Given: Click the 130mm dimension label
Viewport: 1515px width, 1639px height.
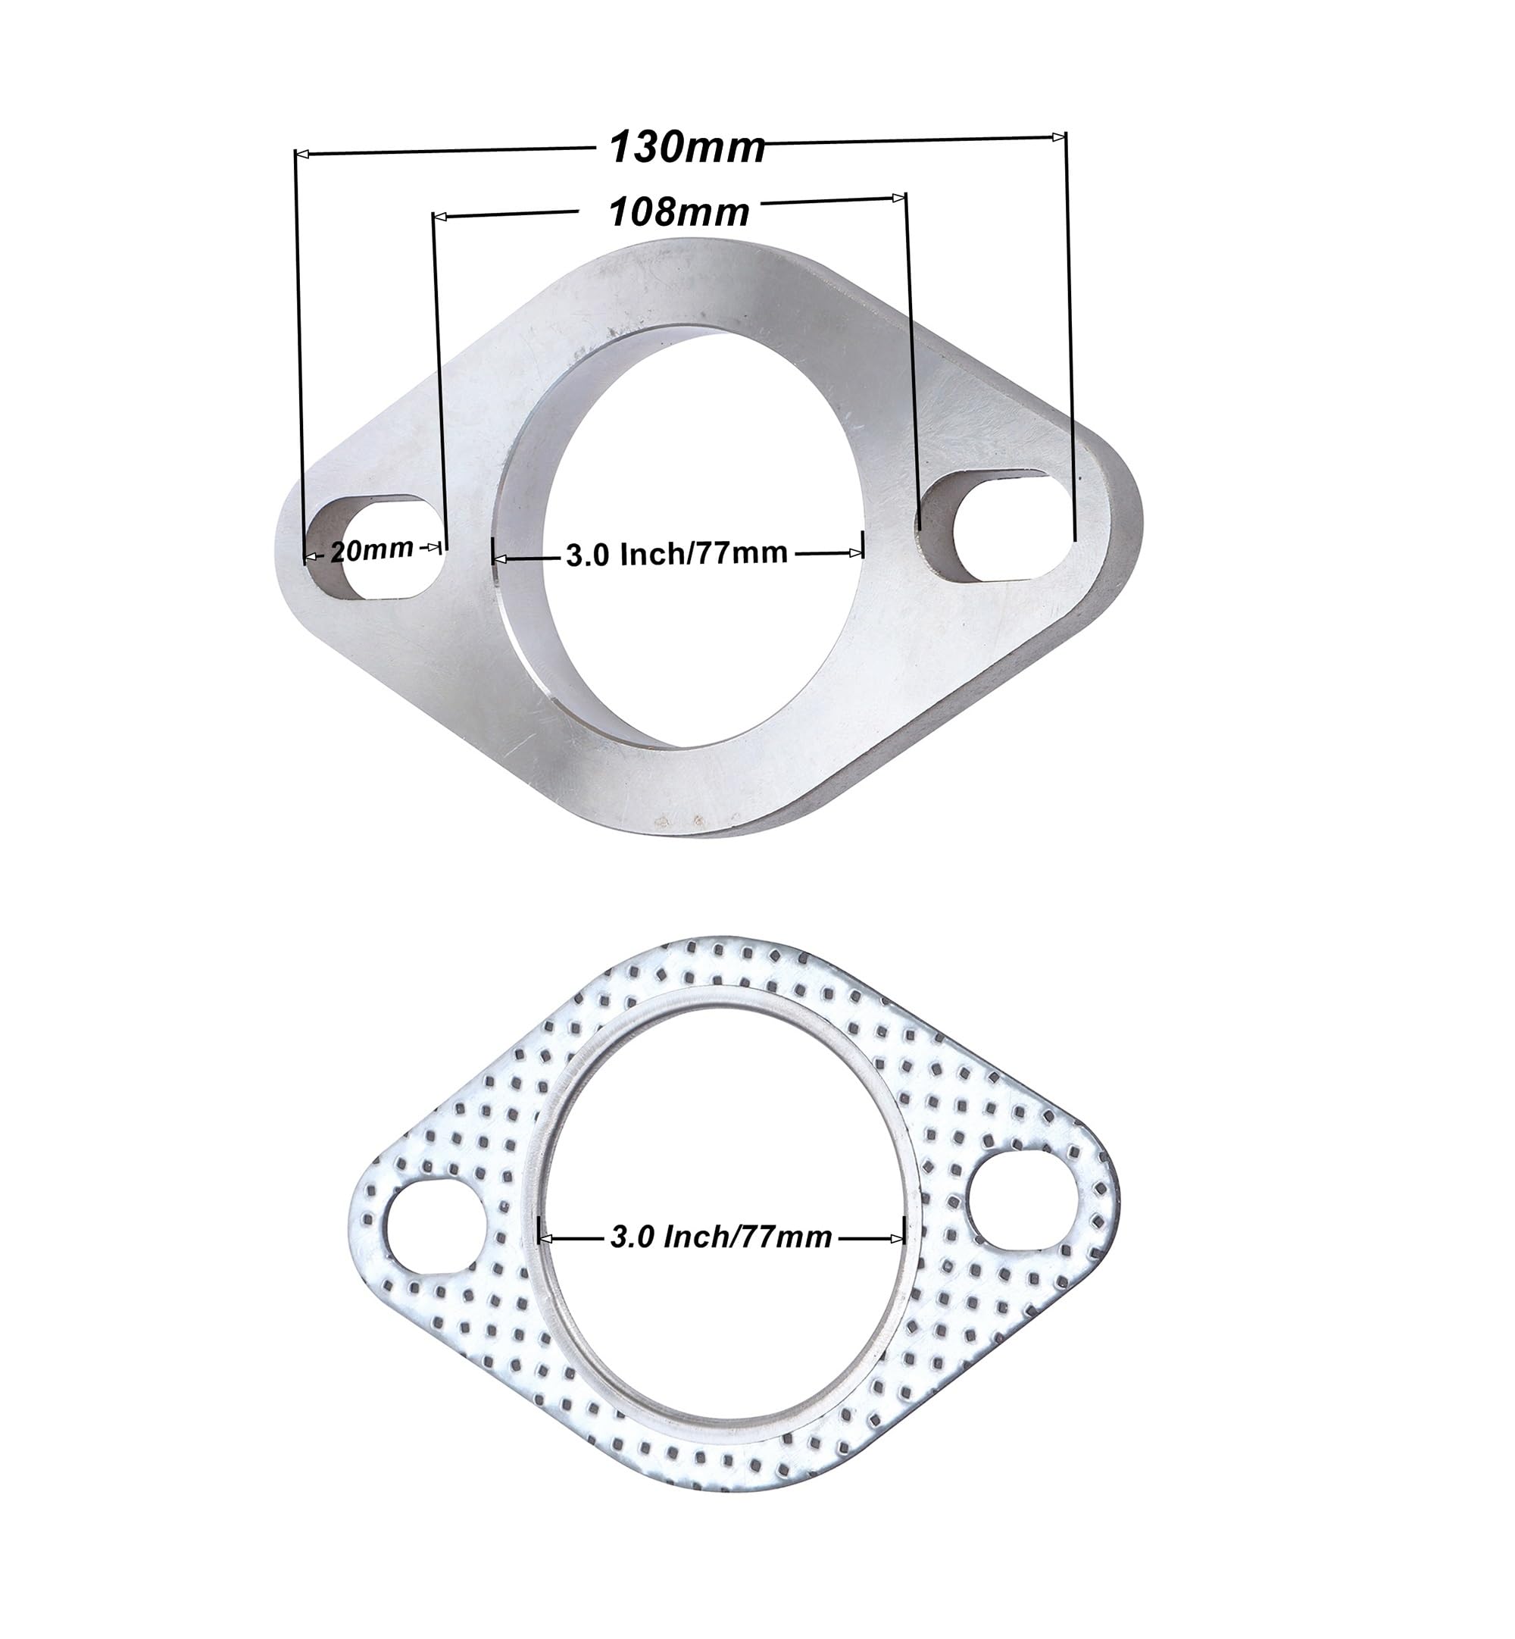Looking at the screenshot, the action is [687, 149].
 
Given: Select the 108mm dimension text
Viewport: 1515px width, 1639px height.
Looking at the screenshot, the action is [679, 212].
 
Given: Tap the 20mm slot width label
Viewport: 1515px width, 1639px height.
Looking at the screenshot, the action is [372, 550].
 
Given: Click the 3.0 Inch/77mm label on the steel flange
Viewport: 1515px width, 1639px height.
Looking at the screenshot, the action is [677, 554].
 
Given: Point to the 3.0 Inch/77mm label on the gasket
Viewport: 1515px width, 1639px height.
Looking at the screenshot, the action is [721, 1236].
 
